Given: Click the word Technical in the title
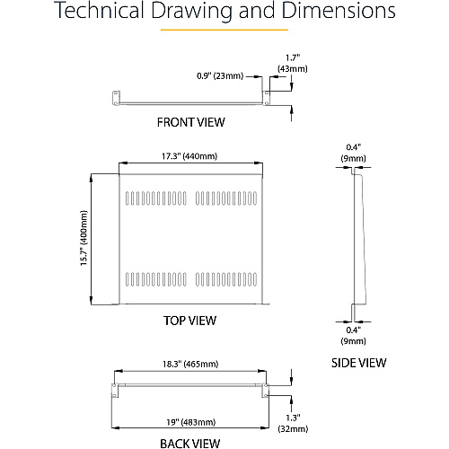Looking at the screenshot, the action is point(100,10).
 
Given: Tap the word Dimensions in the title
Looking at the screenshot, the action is point(339,10).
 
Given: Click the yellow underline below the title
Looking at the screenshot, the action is point(224,30).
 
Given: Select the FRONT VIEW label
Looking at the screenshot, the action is point(190,122).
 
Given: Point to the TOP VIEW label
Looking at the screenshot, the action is point(189,321).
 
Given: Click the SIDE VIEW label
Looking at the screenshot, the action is point(358,363).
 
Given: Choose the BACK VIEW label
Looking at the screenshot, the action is point(189,444).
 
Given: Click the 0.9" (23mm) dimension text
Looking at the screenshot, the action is point(220,75).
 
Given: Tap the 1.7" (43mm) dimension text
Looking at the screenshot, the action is point(293,63).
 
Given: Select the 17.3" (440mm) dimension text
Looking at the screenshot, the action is point(189,156).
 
